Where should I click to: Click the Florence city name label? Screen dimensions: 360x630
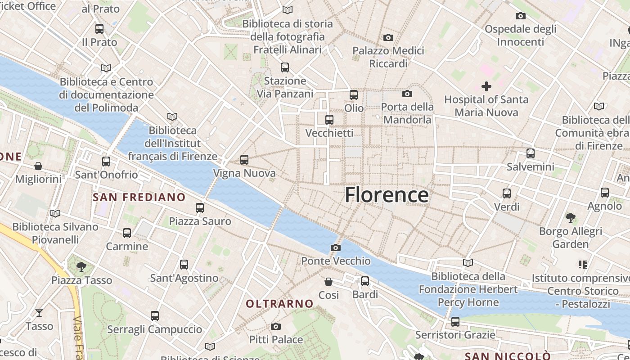coord(387,195)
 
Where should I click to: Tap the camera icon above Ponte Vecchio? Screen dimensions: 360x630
coord(335,247)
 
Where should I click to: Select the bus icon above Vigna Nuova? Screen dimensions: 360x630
coord(244,159)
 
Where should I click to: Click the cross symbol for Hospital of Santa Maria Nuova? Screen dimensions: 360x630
coord(486,86)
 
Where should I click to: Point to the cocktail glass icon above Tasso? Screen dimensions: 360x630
coord(39,312)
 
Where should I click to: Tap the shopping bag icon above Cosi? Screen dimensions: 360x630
coord(328,282)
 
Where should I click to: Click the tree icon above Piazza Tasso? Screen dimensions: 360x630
coord(81,266)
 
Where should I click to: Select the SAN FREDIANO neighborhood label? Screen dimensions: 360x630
coord(139,197)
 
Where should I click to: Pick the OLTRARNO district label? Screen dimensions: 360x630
coord(279,304)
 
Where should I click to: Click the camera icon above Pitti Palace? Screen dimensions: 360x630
coord(276,326)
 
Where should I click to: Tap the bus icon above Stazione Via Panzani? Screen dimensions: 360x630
coord(284,67)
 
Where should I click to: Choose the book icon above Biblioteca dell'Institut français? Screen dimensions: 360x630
coord(172,117)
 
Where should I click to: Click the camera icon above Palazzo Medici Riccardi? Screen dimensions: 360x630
coord(388,37)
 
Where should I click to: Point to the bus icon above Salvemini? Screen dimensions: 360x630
coord(531,153)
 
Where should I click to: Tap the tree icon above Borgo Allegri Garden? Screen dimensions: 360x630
coord(571,218)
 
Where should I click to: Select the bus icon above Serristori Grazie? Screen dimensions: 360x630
coord(455,321)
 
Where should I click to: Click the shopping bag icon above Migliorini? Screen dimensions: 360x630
coord(38,166)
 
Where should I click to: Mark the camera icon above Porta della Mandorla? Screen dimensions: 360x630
coord(407,94)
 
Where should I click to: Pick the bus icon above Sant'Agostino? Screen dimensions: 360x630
coord(184,264)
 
